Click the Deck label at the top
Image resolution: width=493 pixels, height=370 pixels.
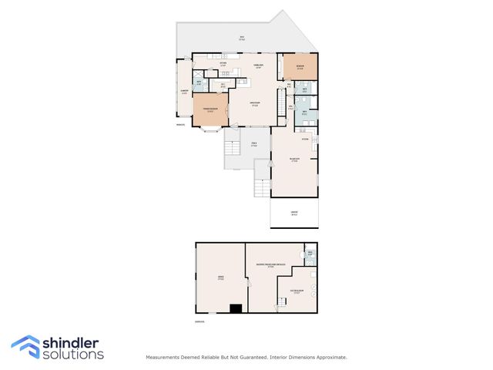(x=241, y=38)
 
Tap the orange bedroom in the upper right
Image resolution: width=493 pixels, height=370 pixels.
(x=300, y=67)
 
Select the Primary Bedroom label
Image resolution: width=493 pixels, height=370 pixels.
(x=209, y=111)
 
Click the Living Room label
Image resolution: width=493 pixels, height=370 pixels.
(x=253, y=104)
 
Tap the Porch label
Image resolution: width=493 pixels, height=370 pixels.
(x=254, y=143)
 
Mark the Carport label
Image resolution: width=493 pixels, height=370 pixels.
(x=293, y=214)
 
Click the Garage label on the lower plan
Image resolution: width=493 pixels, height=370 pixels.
(x=220, y=279)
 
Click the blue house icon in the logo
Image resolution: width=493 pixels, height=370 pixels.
(x=25, y=346)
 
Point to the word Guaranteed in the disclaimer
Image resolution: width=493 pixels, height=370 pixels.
(x=247, y=357)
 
